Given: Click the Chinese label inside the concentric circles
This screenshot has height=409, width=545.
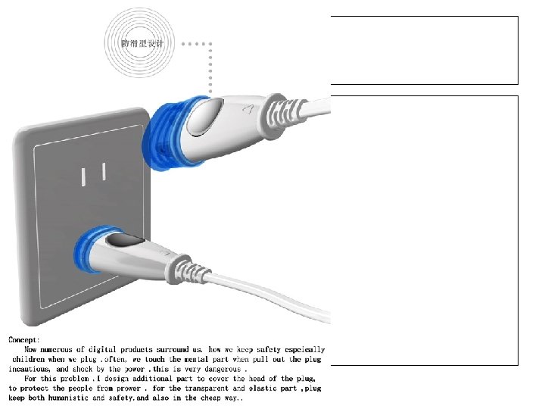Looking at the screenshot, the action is [x=142, y=43].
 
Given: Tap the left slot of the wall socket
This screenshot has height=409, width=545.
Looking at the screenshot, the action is [x=83, y=177].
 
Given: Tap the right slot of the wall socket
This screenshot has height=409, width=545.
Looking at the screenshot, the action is [x=104, y=171].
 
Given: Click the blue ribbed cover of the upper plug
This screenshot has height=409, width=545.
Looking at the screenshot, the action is [x=167, y=134].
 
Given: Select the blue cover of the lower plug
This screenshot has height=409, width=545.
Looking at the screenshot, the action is [x=87, y=248].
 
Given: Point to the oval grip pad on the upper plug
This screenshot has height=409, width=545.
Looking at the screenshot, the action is [x=204, y=117].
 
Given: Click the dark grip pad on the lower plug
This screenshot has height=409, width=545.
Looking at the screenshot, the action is [x=125, y=240].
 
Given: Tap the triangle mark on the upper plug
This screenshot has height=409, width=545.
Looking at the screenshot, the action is [x=248, y=109].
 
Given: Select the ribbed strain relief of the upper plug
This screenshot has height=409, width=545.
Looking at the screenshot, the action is [x=282, y=115].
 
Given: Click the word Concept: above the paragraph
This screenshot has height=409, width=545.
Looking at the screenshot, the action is [x=24, y=340].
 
